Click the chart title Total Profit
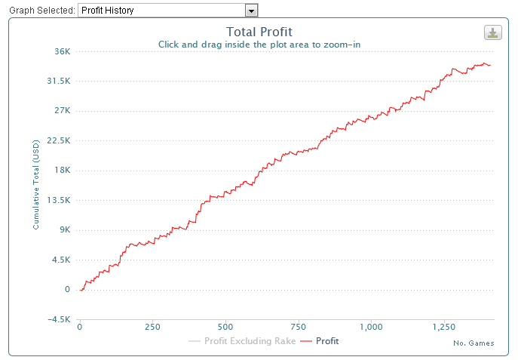click(x=259, y=32)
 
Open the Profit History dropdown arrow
click(x=252, y=11)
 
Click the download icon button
click(x=492, y=32)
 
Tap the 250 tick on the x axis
click(x=152, y=327)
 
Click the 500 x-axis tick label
click(x=225, y=327)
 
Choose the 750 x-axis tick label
click(x=299, y=327)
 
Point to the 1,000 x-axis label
click(x=371, y=327)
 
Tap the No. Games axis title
click(x=474, y=343)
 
